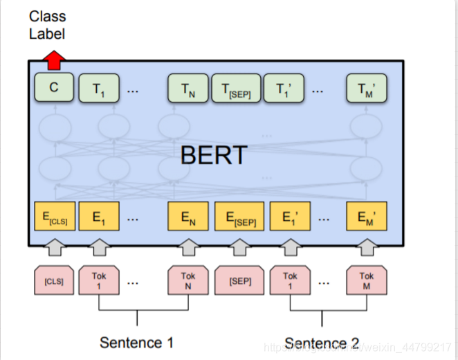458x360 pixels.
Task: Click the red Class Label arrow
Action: point(55,61)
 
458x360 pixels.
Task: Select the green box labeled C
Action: point(54,88)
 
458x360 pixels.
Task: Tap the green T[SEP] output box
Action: point(235,89)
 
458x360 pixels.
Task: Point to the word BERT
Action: point(213,154)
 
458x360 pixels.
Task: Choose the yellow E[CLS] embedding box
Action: point(54,217)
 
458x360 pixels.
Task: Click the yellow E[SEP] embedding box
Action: point(239,217)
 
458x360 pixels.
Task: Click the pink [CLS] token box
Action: point(53,281)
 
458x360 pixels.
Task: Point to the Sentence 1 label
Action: point(136,342)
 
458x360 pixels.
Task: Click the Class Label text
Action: point(46,25)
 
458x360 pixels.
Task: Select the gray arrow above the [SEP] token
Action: point(239,246)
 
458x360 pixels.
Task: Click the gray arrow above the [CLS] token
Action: point(53,246)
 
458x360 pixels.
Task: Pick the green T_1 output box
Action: point(99,88)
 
